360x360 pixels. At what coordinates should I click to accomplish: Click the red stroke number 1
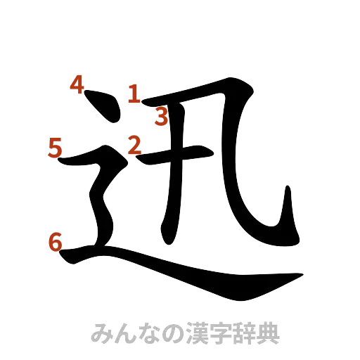[133, 93]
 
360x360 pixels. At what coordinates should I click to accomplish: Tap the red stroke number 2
[134, 145]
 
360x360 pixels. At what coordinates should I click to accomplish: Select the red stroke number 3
[161, 117]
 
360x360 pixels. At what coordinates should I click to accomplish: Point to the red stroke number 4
[77, 85]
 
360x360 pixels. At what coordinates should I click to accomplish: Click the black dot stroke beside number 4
[101, 105]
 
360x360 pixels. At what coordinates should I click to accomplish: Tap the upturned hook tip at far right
[290, 192]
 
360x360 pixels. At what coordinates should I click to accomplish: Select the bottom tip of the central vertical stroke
[169, 239]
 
